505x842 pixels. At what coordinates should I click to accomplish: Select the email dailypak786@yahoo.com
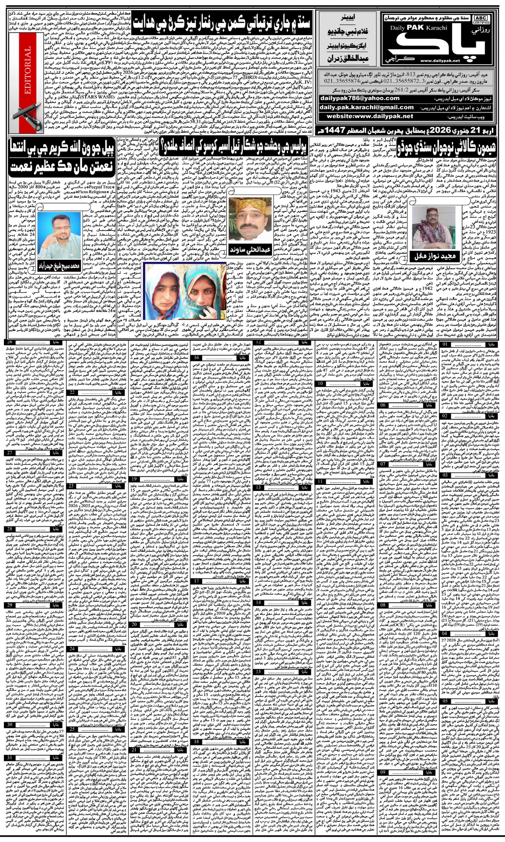point(359,99)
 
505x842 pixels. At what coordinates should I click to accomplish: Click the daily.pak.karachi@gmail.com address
point(366,108)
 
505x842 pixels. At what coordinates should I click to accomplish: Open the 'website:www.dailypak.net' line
point(370,116)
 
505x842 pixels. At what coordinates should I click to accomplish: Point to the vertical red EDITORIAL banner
point(28,71)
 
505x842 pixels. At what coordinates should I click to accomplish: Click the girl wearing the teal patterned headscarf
point(203,287)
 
